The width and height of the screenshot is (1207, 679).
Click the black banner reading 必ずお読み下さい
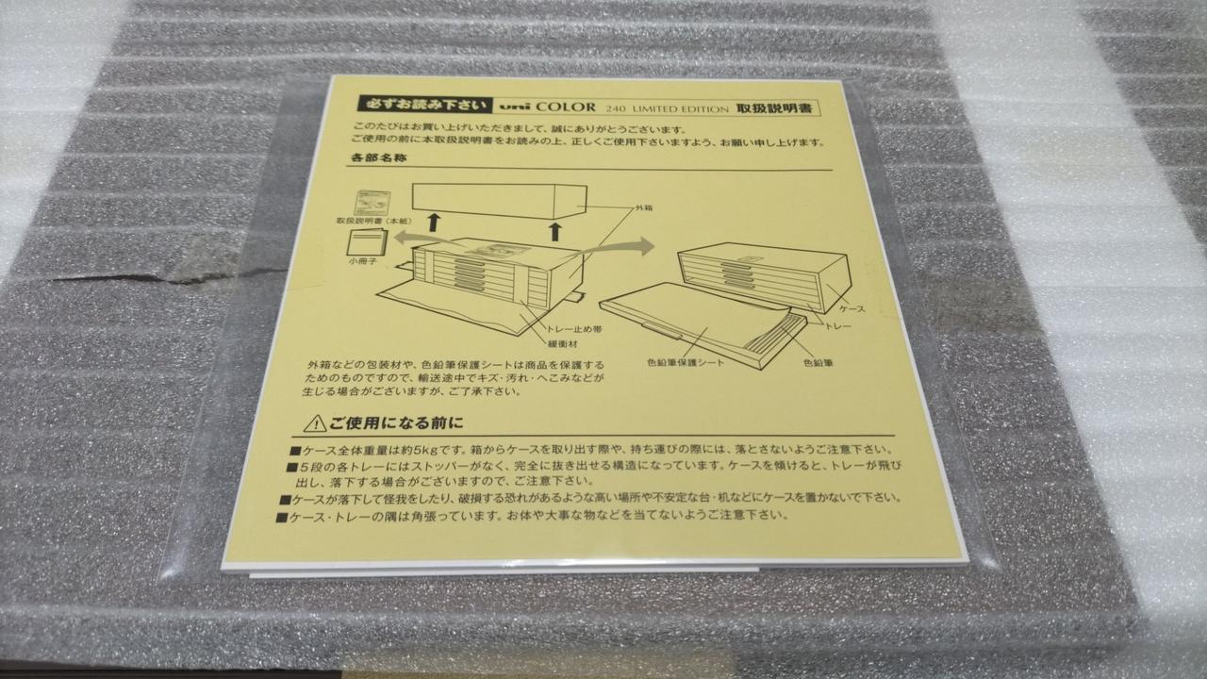click(x=424, y=104)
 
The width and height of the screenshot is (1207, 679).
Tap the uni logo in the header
click(x=515, y=107)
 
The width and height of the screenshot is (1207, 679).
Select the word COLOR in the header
click(x=566, y=107)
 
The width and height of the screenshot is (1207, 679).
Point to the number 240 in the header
click(x=616, y=108)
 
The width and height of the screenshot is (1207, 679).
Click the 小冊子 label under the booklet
click(x=362, y=262)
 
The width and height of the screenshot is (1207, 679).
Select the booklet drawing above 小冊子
click(x=367, y=242)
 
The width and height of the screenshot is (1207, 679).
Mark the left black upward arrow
click(x=433, y=223)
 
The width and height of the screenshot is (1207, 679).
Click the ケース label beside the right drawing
click(x=852, y=309)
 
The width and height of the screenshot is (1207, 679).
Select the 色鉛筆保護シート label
click(x=686, y=363)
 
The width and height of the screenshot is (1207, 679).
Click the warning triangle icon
click(x=315, y=423)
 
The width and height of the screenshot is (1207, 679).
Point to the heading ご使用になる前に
click(x=397, y=423)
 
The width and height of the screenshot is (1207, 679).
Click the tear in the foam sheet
click(x=161, y=273)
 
